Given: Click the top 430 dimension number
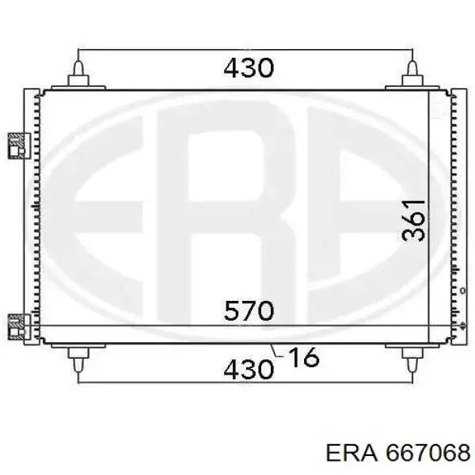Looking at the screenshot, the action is [x=249, y=67].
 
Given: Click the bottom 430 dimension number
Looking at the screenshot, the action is [x=249, y=369].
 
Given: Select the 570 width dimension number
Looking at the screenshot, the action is [x=249, y=310].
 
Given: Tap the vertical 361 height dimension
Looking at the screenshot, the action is [x=413, y=220].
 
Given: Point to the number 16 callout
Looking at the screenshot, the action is [x=303, y=357].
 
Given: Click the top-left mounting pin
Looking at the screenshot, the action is [x=78, y=74].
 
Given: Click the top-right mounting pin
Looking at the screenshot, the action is [x=412, y=74].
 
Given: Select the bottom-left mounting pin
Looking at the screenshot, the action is [x=78, y=360].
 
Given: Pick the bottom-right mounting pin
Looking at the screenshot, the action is [x=412, y=360].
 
